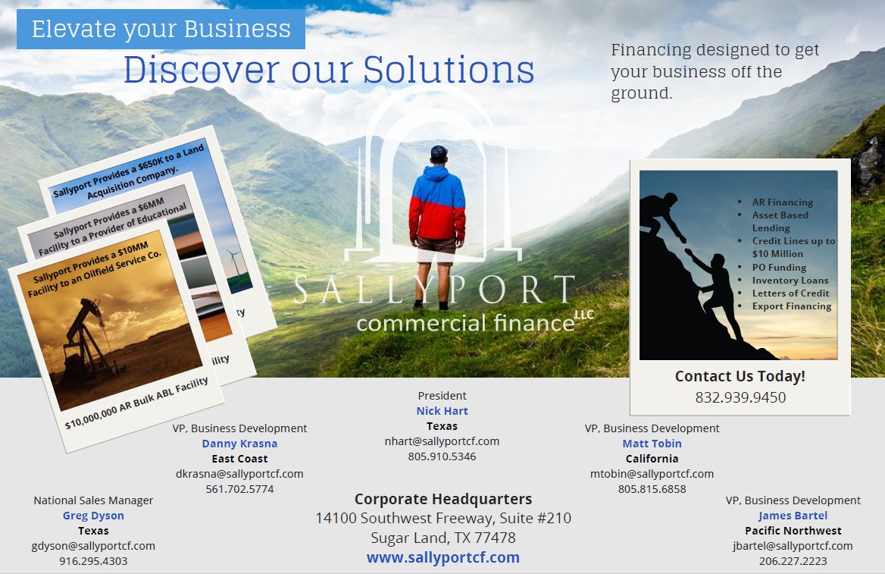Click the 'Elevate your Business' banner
[161, 30]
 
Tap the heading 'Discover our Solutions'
[329, 70]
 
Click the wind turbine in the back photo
[233, 261]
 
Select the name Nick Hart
[442, 411]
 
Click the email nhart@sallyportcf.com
[442, 441]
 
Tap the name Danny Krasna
[239, 444]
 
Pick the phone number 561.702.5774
[239, 489]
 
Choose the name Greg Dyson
[93, 516]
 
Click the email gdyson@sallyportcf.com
[93, 546]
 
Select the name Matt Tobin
[652, 444]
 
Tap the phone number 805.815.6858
[652, 489]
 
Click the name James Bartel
[793, 516]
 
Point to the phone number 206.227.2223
[793, 561]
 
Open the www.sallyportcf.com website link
[443, 558]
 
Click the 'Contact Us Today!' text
[740, 376]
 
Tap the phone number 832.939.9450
[740, 397]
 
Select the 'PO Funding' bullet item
[779, 268]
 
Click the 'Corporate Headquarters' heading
[443, 499]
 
